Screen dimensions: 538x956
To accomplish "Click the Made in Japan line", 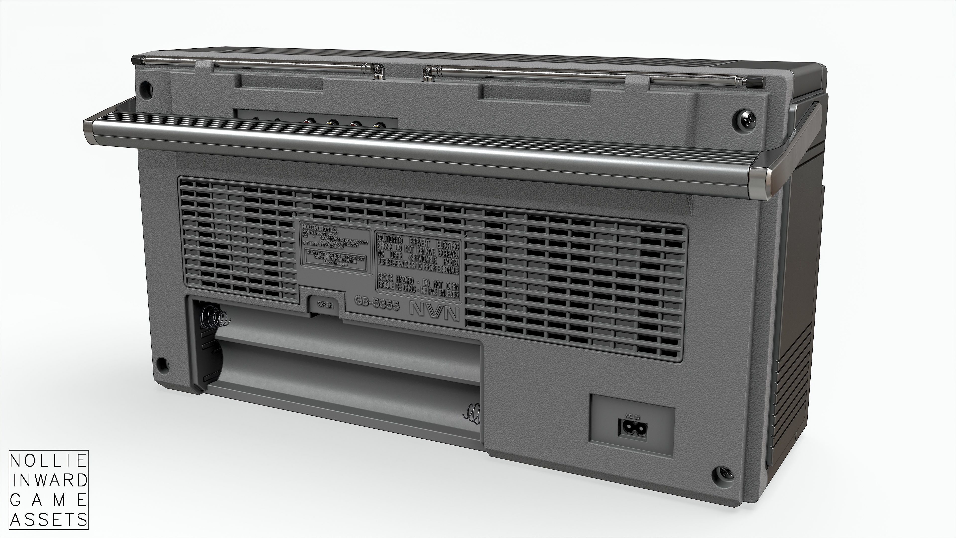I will click(334, 262).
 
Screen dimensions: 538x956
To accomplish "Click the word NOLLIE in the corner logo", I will click(48, 462).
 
